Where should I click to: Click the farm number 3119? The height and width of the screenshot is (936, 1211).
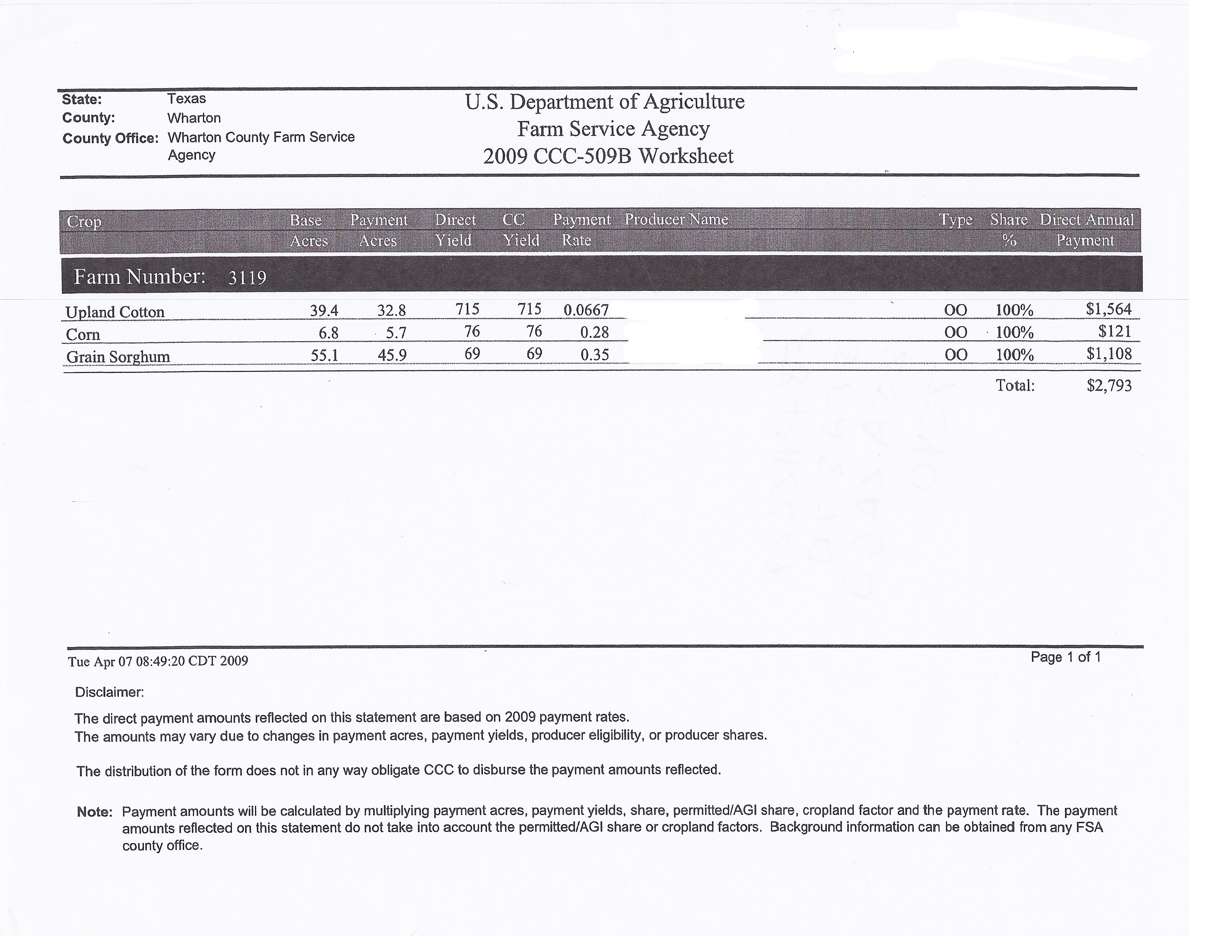(x=247, y=277)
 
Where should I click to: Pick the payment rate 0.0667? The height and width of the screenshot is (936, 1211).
(x=586, y=310)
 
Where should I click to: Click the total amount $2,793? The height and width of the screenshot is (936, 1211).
(x=1109, y=386)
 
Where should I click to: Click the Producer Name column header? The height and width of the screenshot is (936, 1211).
(x=676, y=220)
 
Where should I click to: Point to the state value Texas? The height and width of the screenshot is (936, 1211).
(x=186, y=99)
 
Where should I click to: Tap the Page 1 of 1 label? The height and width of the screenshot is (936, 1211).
(x=1065, y=657)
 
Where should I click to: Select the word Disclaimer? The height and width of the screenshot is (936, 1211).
(x=109, y=693)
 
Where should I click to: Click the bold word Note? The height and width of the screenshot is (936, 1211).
(x=94, y=812)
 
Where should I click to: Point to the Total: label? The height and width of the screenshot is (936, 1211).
(x=1015, y=386)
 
